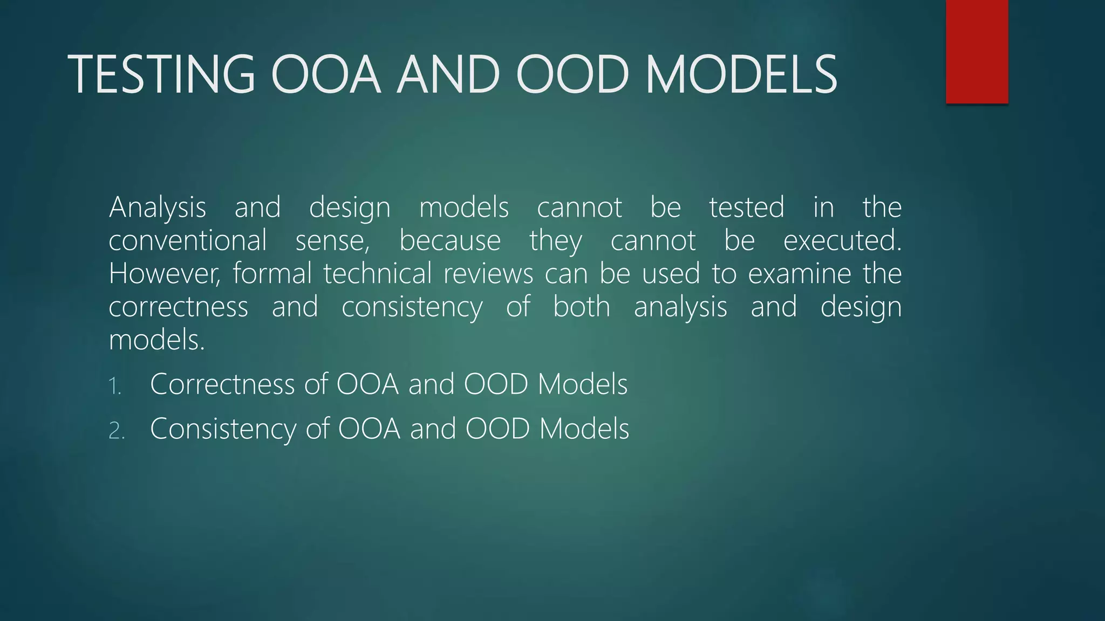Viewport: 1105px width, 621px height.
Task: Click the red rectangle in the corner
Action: pyautogui.click(x=977, y=51)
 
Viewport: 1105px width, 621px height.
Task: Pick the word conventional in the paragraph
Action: pyautogui.click(x=188, y=240)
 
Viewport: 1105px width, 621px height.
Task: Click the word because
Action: pyautogui.click(x=450, y=240)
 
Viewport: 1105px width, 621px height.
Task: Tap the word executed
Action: pyautogui.click(x=842, y=240)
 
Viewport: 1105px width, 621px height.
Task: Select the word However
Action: pyautogui.click(x=165, y=274)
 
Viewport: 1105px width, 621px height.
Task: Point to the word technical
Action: pyautogui.click(x=377, y=274)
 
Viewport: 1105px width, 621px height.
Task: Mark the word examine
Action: pyautogui.click(x=799, y=274)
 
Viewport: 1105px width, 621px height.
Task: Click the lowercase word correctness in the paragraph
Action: pyautogui.click(x=179, y=307)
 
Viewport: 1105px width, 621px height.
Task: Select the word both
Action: pyautogui.click(x=582, y=307)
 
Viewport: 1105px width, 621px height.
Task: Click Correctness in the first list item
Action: pyautogui.click(x=222, y=384)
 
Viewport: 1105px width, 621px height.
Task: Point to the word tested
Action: pyautogui.click(x=746, y=208)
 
